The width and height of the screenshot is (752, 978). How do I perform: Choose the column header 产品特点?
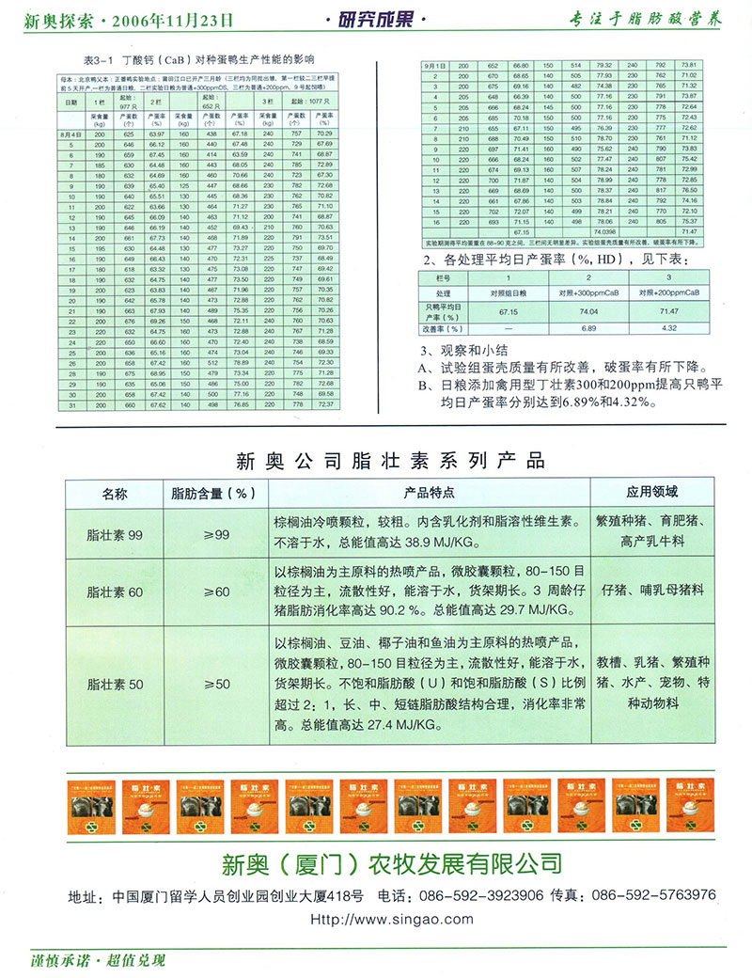[x=429, y=492]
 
